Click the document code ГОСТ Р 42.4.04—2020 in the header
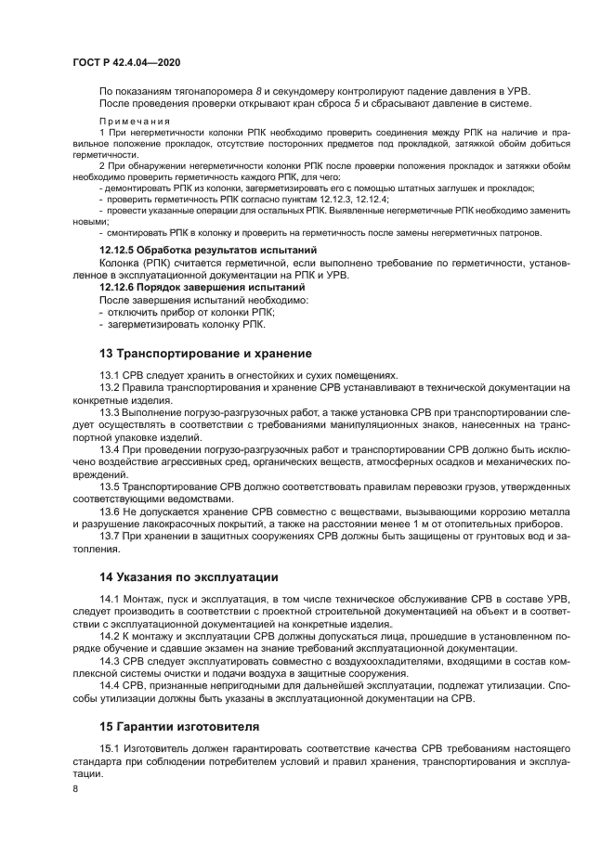[125, 62]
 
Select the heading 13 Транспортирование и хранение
[205, 354]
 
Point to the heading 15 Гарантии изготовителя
[180, 725]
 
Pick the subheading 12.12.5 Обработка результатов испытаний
[208, 251]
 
